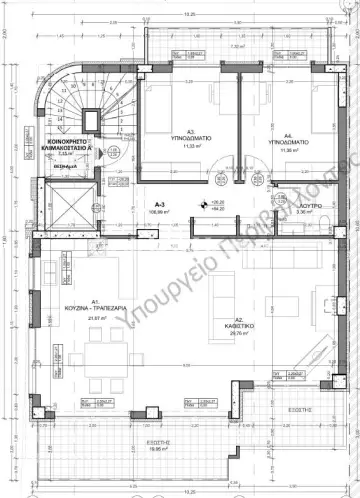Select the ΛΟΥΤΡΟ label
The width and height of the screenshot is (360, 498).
coord(305,204)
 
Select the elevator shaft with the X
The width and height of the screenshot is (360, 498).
coord(61,206)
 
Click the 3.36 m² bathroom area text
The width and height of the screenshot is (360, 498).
coord(305,212)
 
